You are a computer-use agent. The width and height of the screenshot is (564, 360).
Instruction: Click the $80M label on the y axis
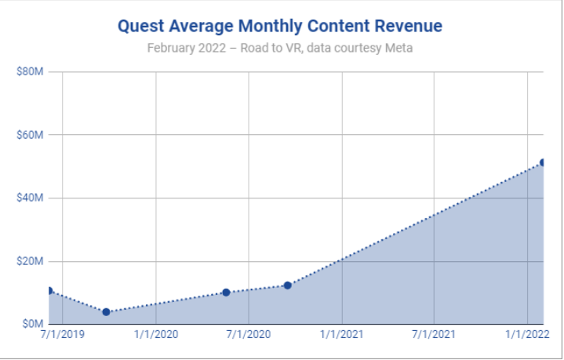coord(30,72)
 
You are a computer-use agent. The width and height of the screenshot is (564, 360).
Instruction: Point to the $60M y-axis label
coord(30,135)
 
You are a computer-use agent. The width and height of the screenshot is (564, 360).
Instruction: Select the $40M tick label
coord(30,198)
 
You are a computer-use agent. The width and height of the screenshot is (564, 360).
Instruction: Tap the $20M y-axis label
coord(30,261)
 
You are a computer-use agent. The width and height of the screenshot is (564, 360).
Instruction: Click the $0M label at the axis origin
coord(32,324)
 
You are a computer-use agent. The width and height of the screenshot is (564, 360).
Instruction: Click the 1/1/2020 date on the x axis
coord(156,335)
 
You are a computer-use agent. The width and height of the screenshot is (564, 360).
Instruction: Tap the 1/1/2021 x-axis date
coord(341,335)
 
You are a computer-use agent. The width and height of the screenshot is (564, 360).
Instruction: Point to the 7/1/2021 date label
coord(433,335)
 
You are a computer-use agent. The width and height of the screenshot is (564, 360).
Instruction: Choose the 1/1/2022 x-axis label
coord(526,335)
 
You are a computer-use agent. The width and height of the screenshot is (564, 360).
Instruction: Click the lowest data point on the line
coord(106,312)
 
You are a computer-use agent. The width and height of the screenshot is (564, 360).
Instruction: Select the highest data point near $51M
coord(543,162)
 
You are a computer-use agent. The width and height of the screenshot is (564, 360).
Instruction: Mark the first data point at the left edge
coord(49,291)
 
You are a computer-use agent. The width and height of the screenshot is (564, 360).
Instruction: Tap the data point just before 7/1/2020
coord(226,293)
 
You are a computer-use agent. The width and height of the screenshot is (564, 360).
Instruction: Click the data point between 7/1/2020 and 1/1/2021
coord(288,285)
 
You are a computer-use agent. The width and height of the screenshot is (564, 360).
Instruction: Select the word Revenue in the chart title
coord(408,26)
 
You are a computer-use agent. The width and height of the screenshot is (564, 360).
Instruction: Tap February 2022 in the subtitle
coord(184,48)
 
